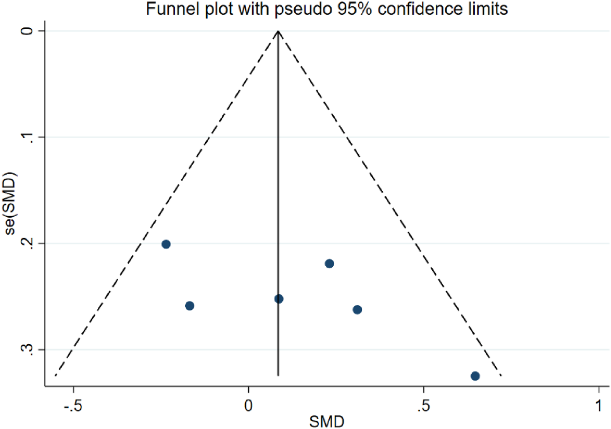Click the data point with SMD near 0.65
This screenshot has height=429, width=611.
coord(475,376)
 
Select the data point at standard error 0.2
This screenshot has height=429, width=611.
coord(166,244)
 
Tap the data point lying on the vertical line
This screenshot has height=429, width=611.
coord(279,299)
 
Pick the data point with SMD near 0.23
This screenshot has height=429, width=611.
coord(329,263)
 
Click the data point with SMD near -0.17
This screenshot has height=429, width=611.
coord(190,306)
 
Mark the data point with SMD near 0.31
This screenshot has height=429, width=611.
coord(357,310)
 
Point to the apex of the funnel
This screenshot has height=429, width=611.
coord(278,31)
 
